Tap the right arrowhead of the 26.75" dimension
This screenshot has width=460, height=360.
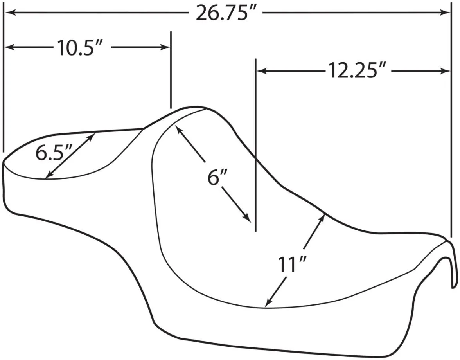(445, 12)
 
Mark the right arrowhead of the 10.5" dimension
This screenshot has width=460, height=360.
(165, 47)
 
